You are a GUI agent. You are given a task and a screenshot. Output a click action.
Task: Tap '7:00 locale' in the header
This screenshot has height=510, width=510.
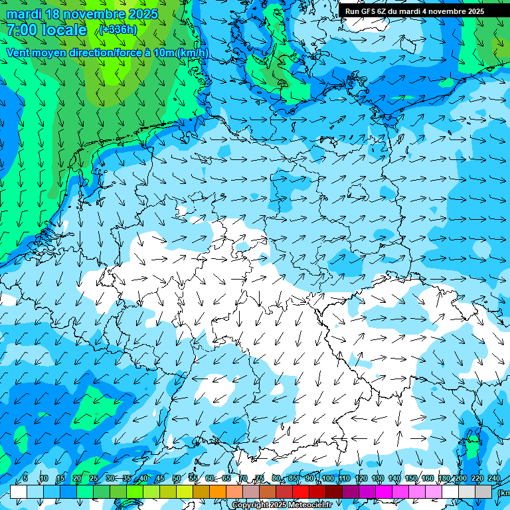(x=46, y=30)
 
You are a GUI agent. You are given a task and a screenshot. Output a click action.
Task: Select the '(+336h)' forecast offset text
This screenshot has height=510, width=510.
(x=119, y=29)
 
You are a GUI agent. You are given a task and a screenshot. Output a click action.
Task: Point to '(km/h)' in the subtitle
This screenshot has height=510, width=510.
(x=193, y=52)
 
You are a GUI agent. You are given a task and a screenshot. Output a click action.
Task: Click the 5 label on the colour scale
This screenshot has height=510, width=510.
(x=25, y=478)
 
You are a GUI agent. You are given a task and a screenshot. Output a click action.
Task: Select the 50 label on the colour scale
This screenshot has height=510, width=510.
(x=177, y=478)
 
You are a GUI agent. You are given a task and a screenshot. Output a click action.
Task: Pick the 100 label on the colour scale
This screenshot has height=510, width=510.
(x=328, y=478)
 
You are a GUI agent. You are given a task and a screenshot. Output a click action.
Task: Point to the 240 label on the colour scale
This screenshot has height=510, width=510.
(x=494, y=478)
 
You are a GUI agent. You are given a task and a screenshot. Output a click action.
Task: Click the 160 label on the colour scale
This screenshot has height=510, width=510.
(x=428, y=478)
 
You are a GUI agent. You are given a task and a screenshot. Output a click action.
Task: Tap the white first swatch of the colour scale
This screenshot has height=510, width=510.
(x=19, y=491)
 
